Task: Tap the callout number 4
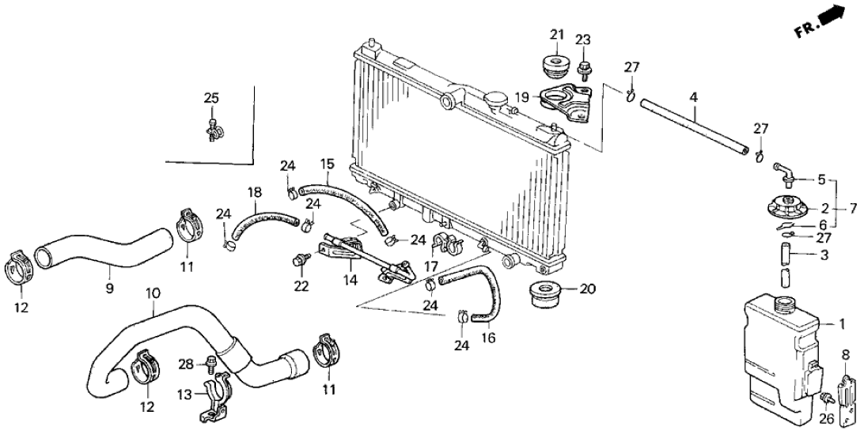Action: [693, 98]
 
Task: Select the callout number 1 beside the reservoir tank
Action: [842, 323]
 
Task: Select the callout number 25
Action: [210, 98]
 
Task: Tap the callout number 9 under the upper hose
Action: [109, 289]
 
